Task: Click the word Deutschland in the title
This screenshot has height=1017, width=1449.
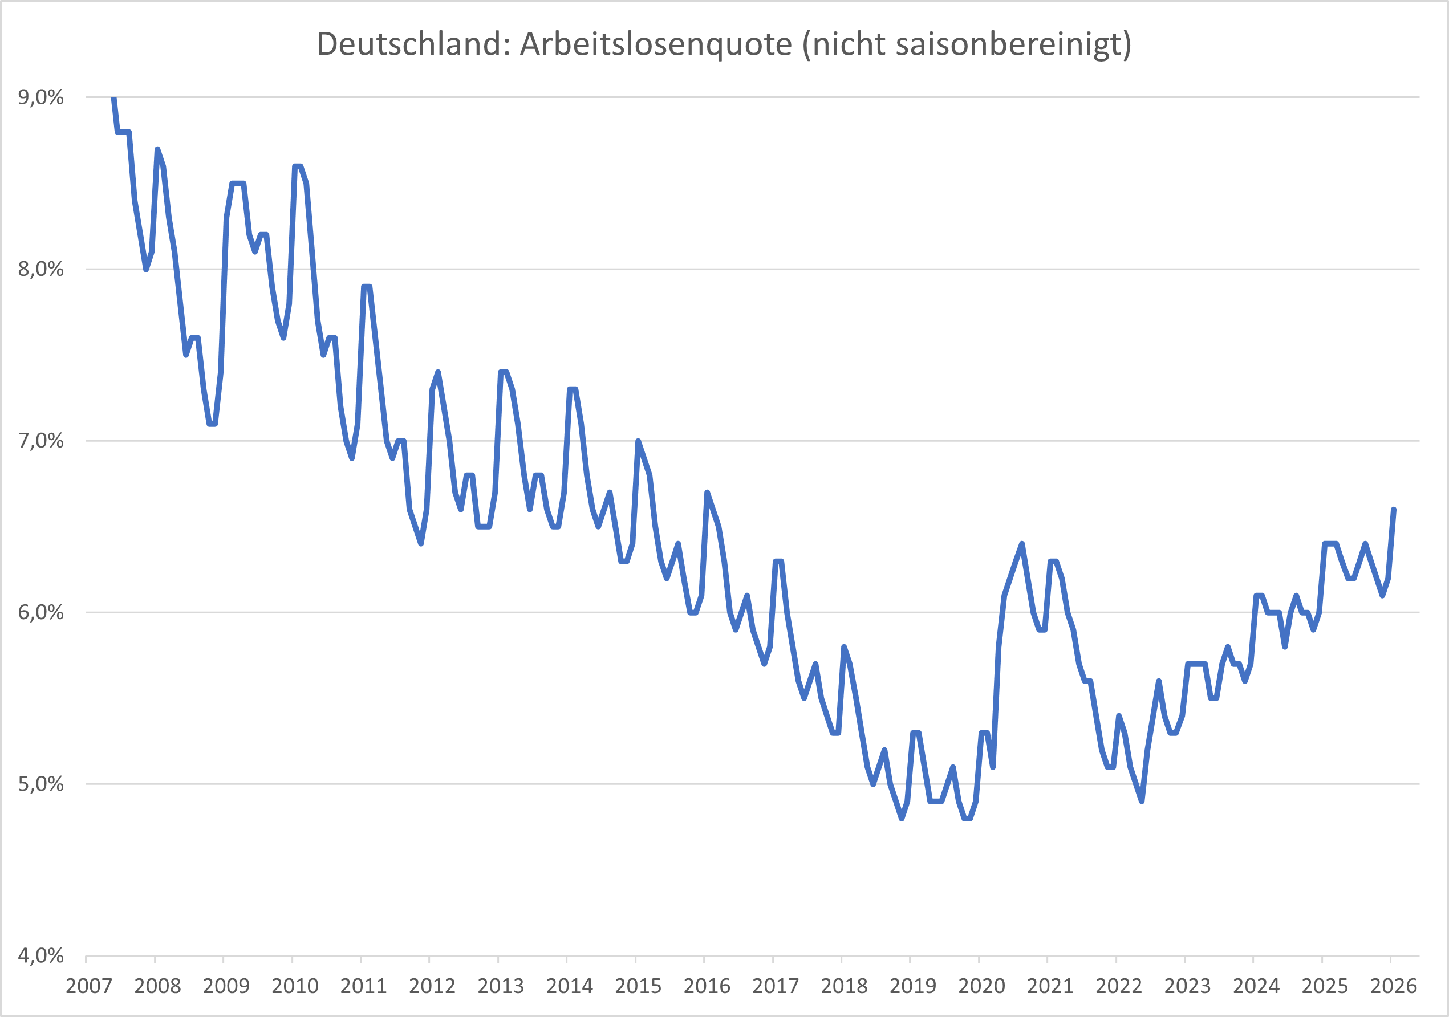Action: pos(413,44)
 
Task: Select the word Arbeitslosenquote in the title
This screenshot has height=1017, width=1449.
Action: pos(656,44)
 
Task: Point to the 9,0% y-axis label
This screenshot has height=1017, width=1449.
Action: pos(41,97)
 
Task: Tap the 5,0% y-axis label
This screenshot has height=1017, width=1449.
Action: pos(41,784)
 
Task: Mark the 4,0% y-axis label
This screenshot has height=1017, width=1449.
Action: pos(41,956)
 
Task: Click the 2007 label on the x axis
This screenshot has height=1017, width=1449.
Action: pos(89,986)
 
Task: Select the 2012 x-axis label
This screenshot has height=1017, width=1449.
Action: pos(432,986)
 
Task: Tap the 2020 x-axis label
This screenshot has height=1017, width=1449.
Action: pos(981,986)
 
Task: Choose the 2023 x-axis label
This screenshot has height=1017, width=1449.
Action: pos(1187,986)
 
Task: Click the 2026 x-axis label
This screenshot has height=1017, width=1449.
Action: pos(1394,986)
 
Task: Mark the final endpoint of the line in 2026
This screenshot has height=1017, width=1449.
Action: pos(1394,510)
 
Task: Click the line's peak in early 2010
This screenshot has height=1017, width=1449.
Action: pos(297,166)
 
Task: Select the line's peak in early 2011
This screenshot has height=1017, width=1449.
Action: pos(367,286)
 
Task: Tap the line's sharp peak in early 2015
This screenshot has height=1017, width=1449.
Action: pos(638,441)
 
